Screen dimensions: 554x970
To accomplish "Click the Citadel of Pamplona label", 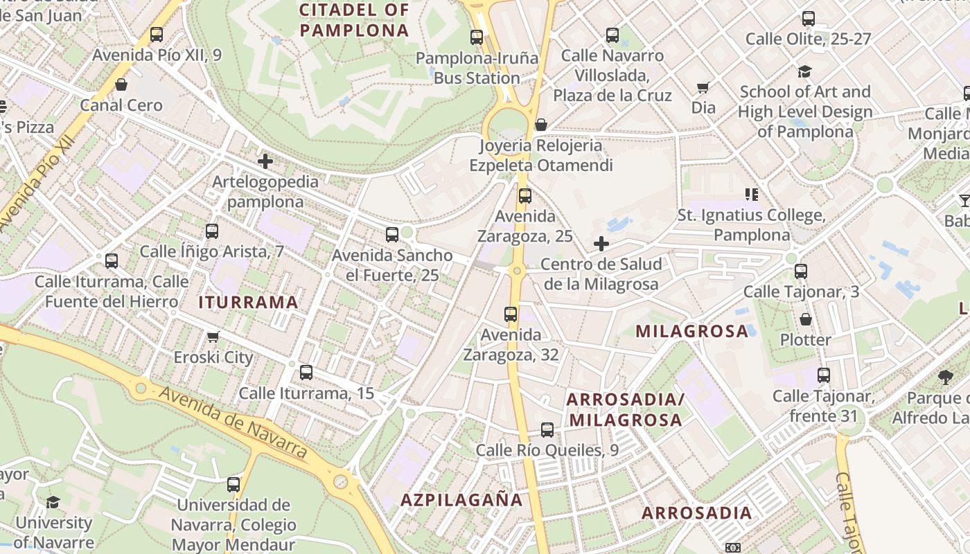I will pos(355,20).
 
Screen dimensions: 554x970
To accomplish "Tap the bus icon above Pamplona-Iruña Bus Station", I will pos(477,37).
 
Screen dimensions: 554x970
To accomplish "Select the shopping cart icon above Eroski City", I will pos(213,337).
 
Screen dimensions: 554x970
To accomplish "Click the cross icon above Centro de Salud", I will pos(601,244).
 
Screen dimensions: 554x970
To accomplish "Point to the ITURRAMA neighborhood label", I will pos(248,302).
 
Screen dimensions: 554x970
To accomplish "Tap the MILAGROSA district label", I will pos(691,331).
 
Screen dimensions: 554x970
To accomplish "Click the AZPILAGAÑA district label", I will pos(461,500).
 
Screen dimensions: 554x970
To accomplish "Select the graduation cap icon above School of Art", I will pos(804,71).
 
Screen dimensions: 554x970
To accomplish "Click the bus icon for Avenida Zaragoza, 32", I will pos(511,314).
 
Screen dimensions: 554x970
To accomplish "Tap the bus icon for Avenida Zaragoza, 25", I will pos(525,196).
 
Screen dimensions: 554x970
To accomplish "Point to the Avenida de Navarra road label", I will pos(233,422).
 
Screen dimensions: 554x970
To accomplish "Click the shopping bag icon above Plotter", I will pos(805,319).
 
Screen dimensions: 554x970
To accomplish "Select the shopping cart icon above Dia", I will pos(703,87).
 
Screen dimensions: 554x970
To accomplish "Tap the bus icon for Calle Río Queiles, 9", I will pos(547,430).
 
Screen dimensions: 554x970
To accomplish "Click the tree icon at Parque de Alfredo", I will pos(945,377).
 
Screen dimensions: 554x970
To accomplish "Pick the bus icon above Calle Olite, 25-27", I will pos(808,19).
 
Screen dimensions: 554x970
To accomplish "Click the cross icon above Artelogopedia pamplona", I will pos(265,162).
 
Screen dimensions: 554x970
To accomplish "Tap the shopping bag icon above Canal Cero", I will pos(121,85).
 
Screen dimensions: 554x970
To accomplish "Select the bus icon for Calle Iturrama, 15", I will pos(306,373).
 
